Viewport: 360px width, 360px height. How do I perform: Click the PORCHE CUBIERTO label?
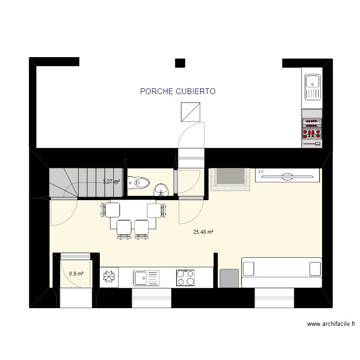[x=178, y=91]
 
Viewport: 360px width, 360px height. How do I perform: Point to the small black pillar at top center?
[x=180, y=62]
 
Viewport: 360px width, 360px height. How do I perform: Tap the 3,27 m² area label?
[x=111, y=182]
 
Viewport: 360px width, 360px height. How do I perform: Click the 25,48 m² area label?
[x=203, y=232]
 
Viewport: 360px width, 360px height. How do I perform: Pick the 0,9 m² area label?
[x=76, y=274]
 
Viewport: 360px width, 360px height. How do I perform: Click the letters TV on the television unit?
[x=262, y=171]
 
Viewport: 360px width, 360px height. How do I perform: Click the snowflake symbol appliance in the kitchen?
[x=109, y=278]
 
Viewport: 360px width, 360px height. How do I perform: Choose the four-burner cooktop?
[x=185, y=278]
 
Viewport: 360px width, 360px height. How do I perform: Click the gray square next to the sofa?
[x=229, y=278]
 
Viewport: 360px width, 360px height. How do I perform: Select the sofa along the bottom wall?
[x=281, y=272]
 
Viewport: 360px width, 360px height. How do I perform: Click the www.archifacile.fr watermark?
[x=331, y=324]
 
